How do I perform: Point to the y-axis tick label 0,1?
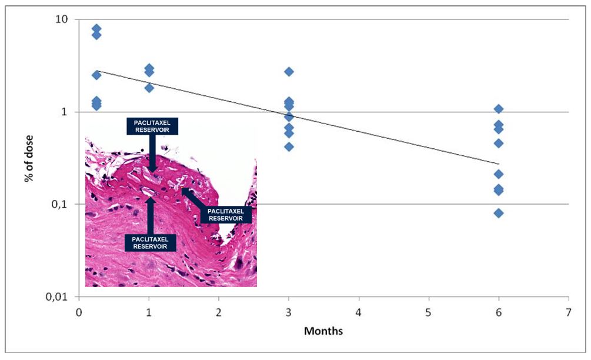[59, 204]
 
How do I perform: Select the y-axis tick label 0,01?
[56, 296]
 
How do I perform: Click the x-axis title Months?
[323, 331]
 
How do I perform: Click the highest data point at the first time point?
[96, 29]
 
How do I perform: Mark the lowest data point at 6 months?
[499, 213]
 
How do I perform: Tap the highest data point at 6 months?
[499, 109]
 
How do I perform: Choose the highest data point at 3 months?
[289, 72]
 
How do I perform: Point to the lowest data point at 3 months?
[289, 146]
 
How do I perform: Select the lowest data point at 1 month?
[149, 88]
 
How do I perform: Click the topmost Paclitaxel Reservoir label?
[152, 125]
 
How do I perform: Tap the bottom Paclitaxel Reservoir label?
[151, 243]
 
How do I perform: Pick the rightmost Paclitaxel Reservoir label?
[226, 215]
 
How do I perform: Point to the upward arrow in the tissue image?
[151, 215]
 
